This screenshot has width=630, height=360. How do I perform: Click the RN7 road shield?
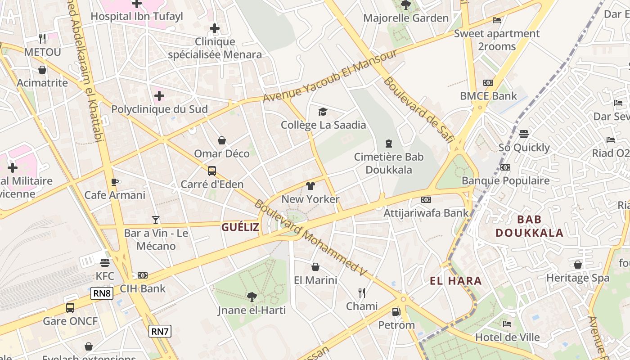(160, 332)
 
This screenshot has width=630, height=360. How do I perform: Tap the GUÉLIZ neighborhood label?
(240, 227)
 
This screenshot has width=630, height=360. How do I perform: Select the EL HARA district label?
(456, 281)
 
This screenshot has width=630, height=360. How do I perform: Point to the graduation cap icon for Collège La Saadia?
(323, 112)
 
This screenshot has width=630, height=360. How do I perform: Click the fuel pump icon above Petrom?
(396, 311)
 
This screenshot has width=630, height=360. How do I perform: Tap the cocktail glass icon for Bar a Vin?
(156, 220)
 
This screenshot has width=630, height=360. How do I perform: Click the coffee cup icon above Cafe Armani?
(114, 182)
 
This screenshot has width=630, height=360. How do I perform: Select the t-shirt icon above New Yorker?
(310, 185)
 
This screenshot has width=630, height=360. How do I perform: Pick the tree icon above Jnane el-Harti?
(252, 297)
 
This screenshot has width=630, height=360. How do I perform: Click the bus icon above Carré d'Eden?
(212, 171)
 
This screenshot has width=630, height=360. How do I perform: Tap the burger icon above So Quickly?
(523, 134)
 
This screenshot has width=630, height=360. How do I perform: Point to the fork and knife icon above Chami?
(362, 293)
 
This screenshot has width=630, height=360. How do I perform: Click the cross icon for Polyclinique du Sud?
(159, 96)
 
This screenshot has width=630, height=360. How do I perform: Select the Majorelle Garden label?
(406, 18)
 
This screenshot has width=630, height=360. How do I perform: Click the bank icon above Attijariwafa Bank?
(426, 199)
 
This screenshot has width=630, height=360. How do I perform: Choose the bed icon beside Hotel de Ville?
(507, 324)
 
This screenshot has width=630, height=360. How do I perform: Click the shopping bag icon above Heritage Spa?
(578, 265)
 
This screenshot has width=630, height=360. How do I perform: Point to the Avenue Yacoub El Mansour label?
(330, 75)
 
